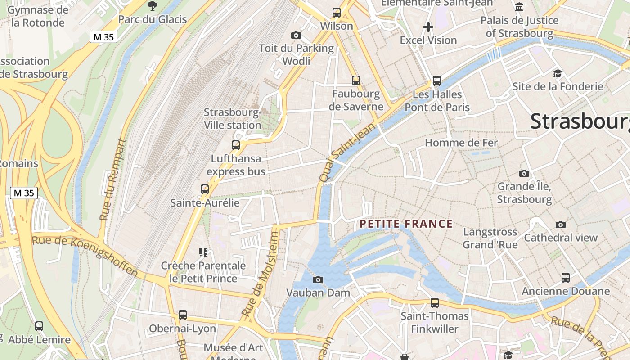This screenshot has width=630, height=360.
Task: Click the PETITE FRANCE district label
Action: [x=406, y=224]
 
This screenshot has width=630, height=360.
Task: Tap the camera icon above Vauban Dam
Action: [x=318, y=279]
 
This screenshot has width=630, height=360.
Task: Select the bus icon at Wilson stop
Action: [x=337, y=13]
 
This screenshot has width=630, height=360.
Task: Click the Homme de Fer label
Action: [x=461, y=143]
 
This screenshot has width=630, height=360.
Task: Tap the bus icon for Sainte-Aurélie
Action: [x=205, y=189]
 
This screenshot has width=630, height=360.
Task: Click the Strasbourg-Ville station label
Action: [x=233, y=119]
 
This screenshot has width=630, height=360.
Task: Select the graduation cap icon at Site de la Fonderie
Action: [x=558, y=73]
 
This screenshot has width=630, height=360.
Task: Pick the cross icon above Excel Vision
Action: [x=428, y=27]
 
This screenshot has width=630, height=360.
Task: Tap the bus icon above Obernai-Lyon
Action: [x=182, y=315]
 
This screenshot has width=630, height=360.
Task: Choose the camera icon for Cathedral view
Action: [x=560, y=225]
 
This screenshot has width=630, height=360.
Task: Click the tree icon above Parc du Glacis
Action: [x=152, y=6]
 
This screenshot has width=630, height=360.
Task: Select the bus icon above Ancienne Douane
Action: [x=566, y=278]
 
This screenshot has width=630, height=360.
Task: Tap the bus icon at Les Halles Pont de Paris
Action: [x=437, y=81]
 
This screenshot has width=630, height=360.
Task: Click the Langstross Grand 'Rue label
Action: [x=490, y=238]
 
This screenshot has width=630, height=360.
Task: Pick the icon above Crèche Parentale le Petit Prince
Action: [x=203, y=252]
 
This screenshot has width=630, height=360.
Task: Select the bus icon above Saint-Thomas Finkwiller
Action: [x=435, y=303]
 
